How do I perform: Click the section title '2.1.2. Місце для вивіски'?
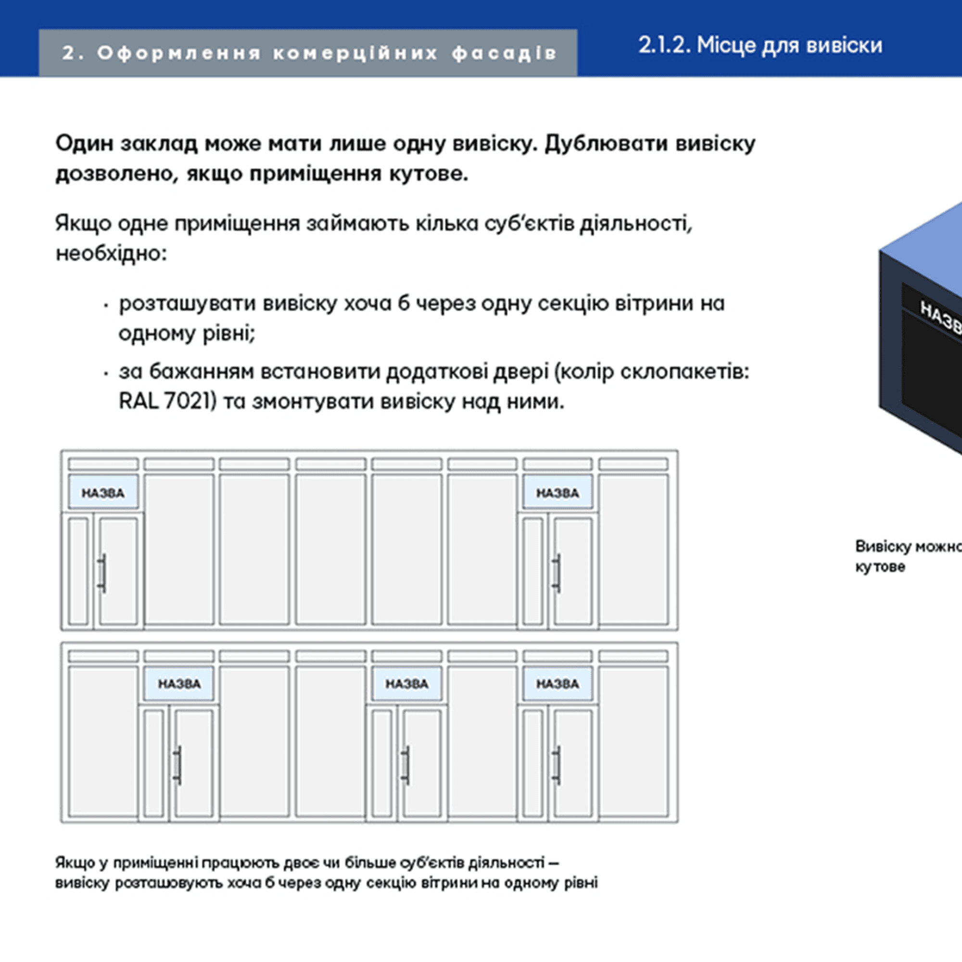pyautogui.click(x=760, y=45)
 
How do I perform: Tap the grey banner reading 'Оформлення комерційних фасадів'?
pyautogui.click(x=309, y=53)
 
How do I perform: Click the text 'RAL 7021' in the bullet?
pyautogui.click(x=165, y=401)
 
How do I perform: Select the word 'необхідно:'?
pyautogui.click(x=111, y=253)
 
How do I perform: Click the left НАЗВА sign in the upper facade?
pyautogui.click(x=103, y=493)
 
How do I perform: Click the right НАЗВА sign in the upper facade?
pyautogui.click(x=557, y=493)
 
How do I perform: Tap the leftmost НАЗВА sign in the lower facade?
pyautogui.click(x=179, y=684)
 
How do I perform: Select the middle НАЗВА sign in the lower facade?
pyautogui.click(x=407, y=684)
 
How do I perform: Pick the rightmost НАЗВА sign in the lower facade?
pyautogui.click(x=557, y=684)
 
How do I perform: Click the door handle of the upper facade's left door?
pyautogui.click(x=102, y=572)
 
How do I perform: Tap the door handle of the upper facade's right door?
pyautogui.click(x=557, y=572)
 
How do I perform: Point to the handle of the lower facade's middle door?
pyautogui.click(x=406, y=765)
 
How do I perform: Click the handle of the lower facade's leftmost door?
pyautogui.click(x=178, y=765)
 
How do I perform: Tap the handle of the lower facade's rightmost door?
pyautogui.click(x=557, y=765)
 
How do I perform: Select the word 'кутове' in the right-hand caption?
pyautogui.click(x=880, y=567)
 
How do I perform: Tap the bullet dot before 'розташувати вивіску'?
pyautogui.click(x=106, y=305)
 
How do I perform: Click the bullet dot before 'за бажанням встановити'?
pyautogui.click(x=106, y=373)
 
